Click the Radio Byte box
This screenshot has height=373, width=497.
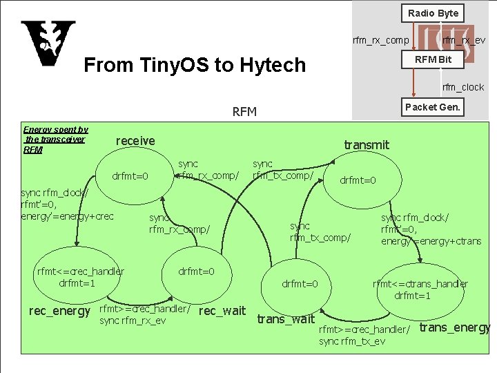pos(433,13)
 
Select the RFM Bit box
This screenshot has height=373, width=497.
pos(433,59)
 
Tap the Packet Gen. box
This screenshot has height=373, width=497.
pos(433,107)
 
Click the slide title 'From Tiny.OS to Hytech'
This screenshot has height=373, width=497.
pos(194,65)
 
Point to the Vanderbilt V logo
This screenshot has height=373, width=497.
pos(48,43)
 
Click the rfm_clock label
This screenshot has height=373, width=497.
pos(463,87)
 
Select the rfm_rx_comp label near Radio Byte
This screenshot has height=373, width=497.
pos(380,40)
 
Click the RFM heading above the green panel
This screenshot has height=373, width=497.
pos(244,112)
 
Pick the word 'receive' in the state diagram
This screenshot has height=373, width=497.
pos(135,141)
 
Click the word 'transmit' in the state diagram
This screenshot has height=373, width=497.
pos(367,145)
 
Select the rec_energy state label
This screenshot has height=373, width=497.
pos(59,312)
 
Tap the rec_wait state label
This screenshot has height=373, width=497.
pos(222,312)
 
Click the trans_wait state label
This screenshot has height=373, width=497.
pos(286,319)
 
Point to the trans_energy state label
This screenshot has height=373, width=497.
pos(455,327)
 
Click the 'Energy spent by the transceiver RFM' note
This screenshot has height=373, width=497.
pos(55,140)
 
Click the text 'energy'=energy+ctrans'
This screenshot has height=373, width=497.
pos(431,241)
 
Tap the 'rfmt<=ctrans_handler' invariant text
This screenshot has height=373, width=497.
pos(420,284)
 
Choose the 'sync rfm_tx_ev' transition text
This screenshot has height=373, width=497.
pos(352,341)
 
